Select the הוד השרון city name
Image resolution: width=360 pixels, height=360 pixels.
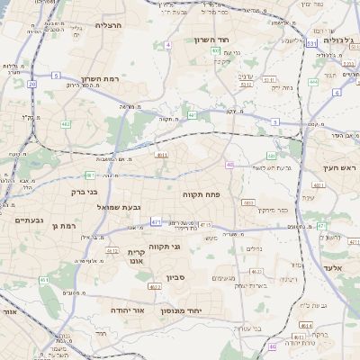click(212, 40)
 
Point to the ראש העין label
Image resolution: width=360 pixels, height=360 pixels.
click(341, 167)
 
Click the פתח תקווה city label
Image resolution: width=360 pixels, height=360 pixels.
click(226, 193)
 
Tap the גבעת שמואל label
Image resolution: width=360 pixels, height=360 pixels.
click(120, 207)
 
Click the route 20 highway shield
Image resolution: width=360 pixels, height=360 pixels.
click(31, 84)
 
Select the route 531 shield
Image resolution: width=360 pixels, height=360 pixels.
click(310, 42)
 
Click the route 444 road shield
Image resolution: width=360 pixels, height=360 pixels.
click(313, 82)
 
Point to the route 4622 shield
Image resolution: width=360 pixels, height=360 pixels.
click(154, 287)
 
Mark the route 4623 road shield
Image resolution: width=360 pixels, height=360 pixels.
click(256, 270)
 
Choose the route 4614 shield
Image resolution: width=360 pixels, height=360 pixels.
click(306, 325)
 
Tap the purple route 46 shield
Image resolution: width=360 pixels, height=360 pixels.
click(272, 346)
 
